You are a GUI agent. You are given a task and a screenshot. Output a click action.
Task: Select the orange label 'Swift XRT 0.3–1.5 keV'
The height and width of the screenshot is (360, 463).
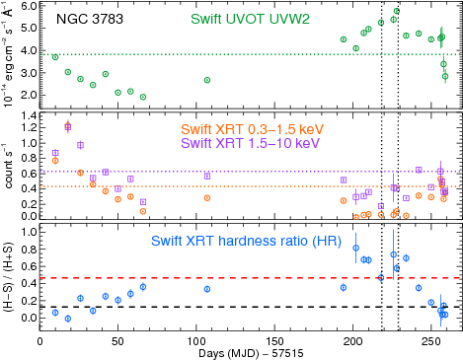[252, 129]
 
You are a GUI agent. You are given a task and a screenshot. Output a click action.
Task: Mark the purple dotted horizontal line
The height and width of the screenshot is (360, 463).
[247, 172]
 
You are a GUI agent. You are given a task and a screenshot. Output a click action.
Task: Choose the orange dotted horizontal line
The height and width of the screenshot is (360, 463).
[247, 186]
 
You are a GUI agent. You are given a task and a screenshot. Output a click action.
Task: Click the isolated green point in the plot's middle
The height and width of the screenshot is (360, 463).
[206, 80]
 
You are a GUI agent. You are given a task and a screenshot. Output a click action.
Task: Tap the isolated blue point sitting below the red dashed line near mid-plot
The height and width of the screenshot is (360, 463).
[207, 289]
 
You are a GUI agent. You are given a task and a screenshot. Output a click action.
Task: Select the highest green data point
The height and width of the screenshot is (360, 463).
[396, 11]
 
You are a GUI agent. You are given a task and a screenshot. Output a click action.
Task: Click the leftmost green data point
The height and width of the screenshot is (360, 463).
[55, 57]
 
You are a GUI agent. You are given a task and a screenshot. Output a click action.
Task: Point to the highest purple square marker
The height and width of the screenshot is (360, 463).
[67, 125]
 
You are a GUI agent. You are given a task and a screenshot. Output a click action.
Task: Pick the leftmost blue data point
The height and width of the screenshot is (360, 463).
[55, 312]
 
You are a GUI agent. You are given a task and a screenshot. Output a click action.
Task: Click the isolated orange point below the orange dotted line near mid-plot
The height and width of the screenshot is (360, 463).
[206, 197]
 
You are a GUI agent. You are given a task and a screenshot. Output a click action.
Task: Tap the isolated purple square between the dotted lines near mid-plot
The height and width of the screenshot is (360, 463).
[206, 176]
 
